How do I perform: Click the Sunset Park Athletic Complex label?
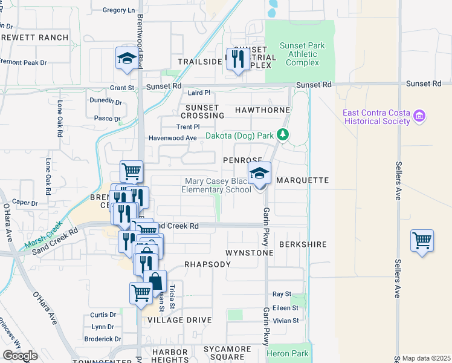click(303, 54)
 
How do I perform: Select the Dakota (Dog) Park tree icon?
click(282, 135)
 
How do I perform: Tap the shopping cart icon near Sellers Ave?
click(422, 240)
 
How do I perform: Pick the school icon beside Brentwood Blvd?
click(128, 58)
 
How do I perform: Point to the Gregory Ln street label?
click(119, 10)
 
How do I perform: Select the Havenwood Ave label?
click(173, 138)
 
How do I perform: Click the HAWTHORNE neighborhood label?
click(254, 111)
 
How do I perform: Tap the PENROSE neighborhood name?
click(242, 160)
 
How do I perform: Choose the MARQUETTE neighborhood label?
click(302, 180)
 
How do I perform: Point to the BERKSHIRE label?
click(303, 244)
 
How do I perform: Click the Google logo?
click(20, 356)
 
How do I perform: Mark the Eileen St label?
click(286, 308)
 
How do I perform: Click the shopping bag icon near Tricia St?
click(155, 281)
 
